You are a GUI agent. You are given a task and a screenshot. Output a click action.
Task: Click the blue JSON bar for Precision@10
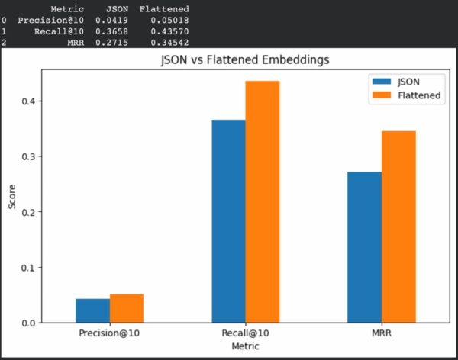92,310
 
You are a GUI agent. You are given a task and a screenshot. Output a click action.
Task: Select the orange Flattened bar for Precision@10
127,308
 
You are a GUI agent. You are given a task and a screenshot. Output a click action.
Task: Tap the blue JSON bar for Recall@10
228,221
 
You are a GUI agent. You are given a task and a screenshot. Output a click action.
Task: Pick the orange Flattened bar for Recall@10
262,202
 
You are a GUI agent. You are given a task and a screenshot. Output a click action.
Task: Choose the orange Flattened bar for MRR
398,227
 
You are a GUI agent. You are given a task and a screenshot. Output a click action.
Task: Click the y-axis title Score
12,195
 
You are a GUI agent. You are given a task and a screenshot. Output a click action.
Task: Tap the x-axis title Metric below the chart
245,346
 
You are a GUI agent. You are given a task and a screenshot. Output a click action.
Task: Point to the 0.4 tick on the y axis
27,101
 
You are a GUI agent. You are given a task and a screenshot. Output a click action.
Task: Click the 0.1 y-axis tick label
27,268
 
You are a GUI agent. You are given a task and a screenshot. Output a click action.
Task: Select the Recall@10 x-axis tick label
245,334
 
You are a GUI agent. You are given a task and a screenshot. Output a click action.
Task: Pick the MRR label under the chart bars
381,334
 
